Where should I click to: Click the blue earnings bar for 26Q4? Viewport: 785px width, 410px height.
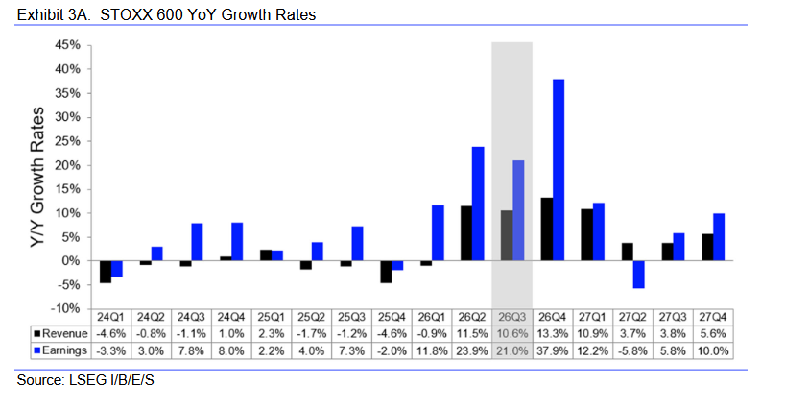[x=559, y=170]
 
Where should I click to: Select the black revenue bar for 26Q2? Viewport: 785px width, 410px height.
[x=466, y=233]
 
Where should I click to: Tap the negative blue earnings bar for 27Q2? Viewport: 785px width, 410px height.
[x=638, y=275]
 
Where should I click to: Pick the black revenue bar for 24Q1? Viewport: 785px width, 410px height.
[x=106, y=272]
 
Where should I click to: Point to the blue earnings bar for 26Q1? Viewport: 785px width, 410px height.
[x=438, y=232]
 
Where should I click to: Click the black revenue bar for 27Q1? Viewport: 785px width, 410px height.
[x=586, y=235]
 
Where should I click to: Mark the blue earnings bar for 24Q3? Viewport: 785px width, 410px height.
[x=197, y=242]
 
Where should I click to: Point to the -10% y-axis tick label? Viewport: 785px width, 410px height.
[x=65, y=308]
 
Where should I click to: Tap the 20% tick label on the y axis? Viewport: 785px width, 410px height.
[x=67, y=165]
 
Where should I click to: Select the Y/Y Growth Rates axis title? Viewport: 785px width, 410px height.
[x=37, y=177]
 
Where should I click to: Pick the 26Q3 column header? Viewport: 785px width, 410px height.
[x=511, y=317]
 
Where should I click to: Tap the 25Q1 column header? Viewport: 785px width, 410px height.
[x=271, y=317]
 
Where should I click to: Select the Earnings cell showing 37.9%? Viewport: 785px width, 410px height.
[x=552, y=350]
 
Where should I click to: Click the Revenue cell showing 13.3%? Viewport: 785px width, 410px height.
[x=552, y=334]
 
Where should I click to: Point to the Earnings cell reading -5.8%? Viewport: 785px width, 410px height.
[x=632, y=350]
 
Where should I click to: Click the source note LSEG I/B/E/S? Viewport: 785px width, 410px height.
[x=85, y=380]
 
